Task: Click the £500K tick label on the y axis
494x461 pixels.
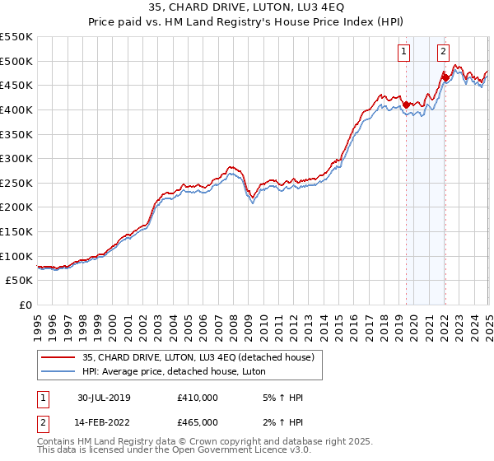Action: point(16,61)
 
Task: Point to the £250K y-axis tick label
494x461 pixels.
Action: point(16,183)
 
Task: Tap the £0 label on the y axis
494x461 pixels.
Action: point(25,305)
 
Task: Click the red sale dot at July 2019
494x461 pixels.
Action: point(407,105)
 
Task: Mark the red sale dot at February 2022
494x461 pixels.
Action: point(445,78)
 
